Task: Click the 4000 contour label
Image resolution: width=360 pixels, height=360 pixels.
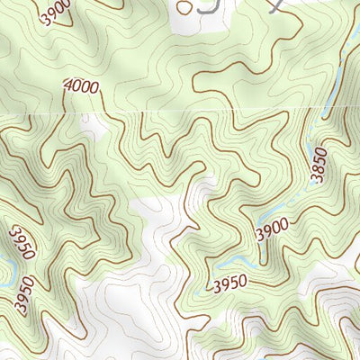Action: [x=81, y=87]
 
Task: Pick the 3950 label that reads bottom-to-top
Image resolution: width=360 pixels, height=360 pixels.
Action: [x=24, y=294]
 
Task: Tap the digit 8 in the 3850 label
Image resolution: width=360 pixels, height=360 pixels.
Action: [x=317, y=171]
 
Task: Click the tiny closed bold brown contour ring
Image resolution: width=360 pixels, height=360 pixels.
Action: [x=184, y=7]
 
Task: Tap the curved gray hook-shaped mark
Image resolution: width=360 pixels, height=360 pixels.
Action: [x=208, y=8]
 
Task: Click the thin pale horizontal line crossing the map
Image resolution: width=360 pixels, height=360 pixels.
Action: [x=180, y=114]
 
